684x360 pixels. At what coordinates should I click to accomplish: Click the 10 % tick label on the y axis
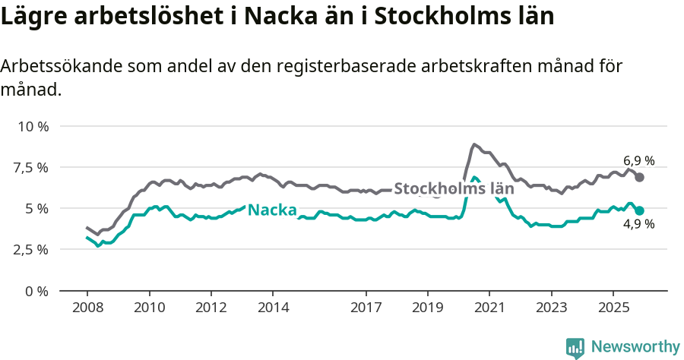click(33, 126)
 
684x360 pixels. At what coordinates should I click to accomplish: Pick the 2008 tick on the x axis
click(87, 308)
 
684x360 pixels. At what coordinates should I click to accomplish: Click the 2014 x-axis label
click(273, 308)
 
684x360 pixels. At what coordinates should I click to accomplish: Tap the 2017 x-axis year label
click(366, 308)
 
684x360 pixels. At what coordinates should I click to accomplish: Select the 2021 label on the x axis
click(489, 308)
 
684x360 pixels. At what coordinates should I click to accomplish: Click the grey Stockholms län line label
click(454, 188)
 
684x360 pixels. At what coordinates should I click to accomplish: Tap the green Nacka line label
click(272, 210)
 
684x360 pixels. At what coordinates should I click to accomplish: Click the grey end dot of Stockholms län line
click(640, 177)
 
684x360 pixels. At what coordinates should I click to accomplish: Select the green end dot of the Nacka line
click(640, 210)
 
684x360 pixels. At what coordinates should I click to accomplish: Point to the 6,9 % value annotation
click(638, 161)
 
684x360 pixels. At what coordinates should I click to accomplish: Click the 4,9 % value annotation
click(638, 226)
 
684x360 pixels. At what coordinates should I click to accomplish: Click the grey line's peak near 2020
click(474, 144)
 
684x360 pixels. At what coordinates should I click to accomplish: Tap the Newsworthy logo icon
click(575, 347)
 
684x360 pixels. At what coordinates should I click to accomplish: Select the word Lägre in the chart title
click(34, 17)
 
